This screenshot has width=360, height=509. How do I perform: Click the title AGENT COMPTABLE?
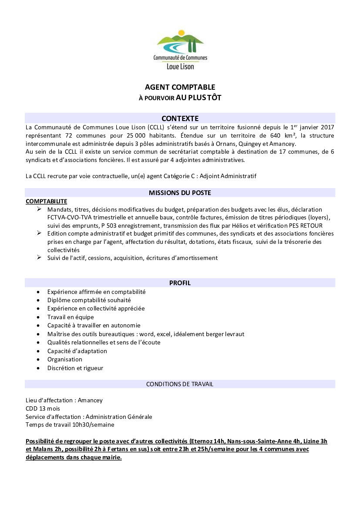180,87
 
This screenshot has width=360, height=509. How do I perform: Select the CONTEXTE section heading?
180,118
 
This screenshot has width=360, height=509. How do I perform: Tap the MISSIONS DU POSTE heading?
180,192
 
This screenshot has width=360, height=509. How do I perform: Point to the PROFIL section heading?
180,283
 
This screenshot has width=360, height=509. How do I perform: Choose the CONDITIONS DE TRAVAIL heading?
180,384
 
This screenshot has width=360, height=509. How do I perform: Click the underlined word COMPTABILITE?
47,201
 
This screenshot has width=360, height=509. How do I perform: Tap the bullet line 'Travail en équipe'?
71,317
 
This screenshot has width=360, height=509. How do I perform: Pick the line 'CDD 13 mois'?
43,408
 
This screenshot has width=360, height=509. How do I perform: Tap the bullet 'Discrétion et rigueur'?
75,368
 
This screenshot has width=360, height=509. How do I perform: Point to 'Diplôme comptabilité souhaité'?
89,300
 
